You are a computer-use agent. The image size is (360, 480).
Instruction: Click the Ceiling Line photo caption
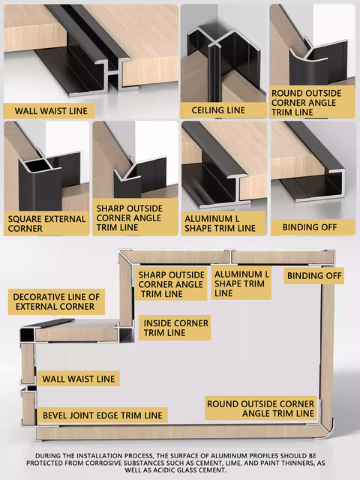218,110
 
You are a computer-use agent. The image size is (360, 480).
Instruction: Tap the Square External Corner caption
37,223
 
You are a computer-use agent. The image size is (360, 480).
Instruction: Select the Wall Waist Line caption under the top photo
46,111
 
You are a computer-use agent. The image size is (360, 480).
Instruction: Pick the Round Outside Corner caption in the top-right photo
306,103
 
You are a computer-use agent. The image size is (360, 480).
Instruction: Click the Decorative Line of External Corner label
56,302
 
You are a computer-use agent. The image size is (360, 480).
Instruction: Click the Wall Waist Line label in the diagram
78,379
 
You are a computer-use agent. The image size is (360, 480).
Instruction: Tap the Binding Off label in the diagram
314,276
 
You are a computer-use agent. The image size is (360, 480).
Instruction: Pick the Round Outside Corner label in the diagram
260,409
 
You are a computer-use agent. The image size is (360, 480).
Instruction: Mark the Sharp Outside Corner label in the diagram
171,284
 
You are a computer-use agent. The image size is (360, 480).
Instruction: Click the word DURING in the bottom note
50,455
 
